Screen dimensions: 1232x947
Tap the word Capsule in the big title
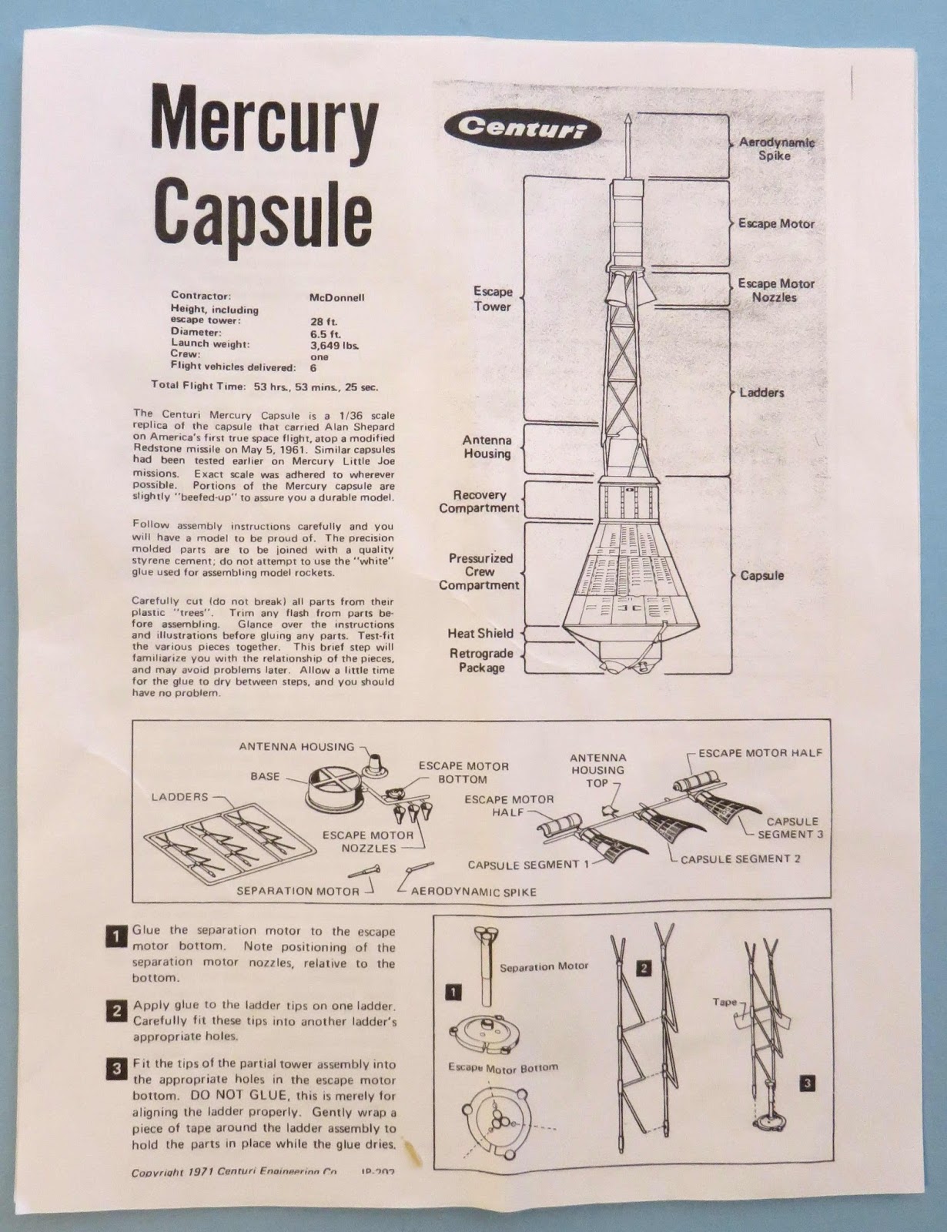(263, 209)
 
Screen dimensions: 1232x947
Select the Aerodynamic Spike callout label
(776, 149)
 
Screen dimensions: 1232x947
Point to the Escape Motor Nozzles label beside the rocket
(775, 290)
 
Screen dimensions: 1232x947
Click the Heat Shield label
(480, 633)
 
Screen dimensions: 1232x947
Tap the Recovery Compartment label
(479, 501)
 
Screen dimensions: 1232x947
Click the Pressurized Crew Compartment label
(480, 571)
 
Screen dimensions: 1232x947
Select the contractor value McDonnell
(336, 296)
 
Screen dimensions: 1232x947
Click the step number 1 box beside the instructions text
(115, 936)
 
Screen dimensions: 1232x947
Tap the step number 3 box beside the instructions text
(115, 1069)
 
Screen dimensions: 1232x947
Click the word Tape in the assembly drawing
(724, 1003)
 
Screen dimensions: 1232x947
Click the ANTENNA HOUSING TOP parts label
(597, 770)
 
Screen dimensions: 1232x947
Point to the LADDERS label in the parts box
(179, 797)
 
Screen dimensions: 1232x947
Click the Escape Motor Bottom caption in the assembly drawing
(503, 1067)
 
